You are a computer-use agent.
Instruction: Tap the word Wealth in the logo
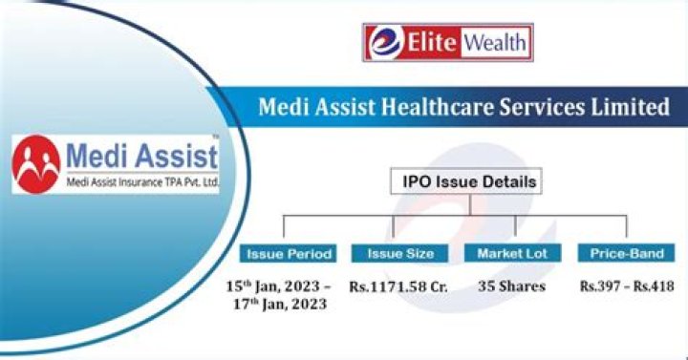496,44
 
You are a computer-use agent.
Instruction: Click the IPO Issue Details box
464,181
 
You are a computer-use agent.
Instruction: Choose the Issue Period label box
290,254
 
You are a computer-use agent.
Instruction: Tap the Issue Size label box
399,254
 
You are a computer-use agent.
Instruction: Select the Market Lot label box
513,254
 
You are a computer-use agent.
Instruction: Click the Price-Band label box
626,254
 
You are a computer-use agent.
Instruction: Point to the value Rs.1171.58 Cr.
400,286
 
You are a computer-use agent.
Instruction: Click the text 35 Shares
513,286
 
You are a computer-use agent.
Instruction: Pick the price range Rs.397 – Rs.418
626,286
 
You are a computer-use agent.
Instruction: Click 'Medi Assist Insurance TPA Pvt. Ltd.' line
141,181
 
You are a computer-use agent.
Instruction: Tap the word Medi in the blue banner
283,107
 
